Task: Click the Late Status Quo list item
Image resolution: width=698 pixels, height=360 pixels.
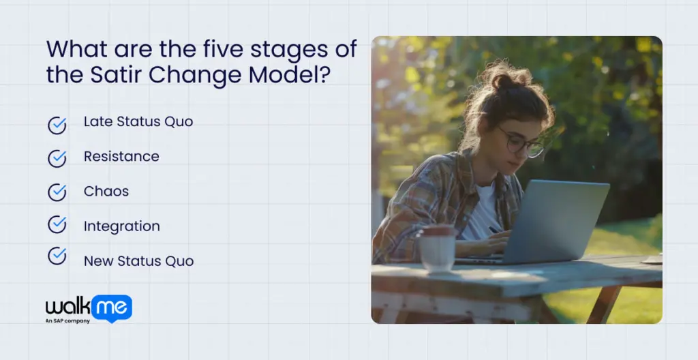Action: [138, 121]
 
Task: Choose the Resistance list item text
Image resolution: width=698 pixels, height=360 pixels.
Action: [121, 156]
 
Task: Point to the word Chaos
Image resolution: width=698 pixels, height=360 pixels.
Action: [106, 191]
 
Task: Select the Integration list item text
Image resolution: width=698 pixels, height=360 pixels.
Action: [122, 226]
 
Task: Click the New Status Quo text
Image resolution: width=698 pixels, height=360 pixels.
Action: [138, 261]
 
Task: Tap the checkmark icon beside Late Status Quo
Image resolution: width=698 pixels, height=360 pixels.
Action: [57, 125]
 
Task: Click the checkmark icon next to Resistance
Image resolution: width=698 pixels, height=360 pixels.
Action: [57, 158]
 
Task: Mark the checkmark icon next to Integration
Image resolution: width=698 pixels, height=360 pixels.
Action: [57, 224]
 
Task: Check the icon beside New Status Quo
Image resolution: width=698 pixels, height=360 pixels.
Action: [57, 256]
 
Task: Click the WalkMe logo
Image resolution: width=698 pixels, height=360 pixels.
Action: [89, 307]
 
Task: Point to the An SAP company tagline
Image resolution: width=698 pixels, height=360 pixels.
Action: [68, 320]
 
